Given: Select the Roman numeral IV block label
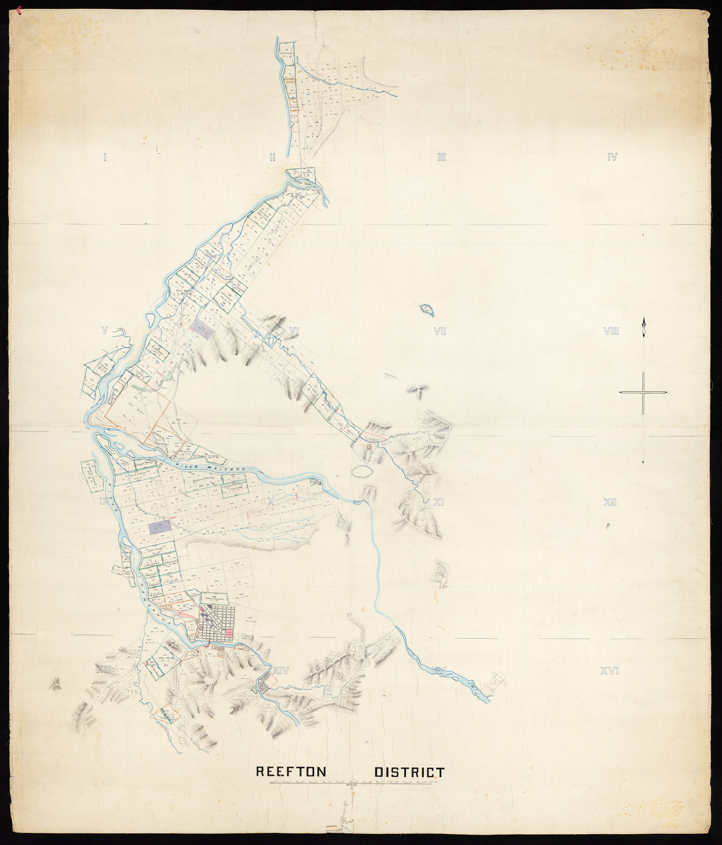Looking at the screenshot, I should click(612, 157).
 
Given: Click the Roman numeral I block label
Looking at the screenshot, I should click(105, 157).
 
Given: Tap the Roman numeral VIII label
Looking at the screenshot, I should click(611, 331).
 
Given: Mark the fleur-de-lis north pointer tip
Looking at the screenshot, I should click(643, 318).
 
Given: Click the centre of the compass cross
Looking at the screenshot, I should click(643, 392).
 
